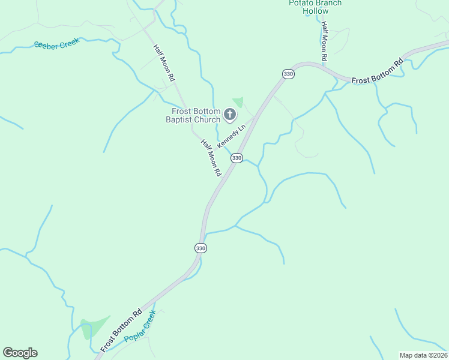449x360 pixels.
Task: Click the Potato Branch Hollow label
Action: pyautogui.click(x=315, y=7)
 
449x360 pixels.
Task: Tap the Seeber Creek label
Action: pyautogui.click(x=57, y=44)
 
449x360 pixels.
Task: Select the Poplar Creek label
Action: pyautogui.click(x=140, y=326)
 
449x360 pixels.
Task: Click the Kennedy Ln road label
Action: pyautogui.click(x=232, y=137)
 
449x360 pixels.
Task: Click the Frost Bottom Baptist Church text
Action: pyautogui.click(x=196, y=115)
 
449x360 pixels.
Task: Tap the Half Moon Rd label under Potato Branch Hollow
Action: pyautogui.click(x=324, y=42)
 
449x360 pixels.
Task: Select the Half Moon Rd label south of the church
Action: pyautogui.click(x=211, y=157)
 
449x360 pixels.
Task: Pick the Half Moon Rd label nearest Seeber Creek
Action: pyautogui.click(x=163, y=63)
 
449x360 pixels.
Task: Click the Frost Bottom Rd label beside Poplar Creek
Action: pyautogui.click(x=121, y=330)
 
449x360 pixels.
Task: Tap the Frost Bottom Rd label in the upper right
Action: pyautogui.click(x=377, y=72)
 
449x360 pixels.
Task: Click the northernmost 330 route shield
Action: pyautogui.click(x=288, y=74)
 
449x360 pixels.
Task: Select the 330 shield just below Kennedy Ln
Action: pyautogui.click(x=237, y=158)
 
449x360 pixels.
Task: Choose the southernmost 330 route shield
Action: pyautogui.click(x=200, y=248)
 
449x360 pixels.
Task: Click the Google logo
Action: pyautogui.click(x=20, y=353)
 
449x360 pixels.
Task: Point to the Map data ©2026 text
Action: pyautogui.click(x=423, y=355)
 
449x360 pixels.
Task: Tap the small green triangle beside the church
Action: pyautogui.click(x=239, y=101)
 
